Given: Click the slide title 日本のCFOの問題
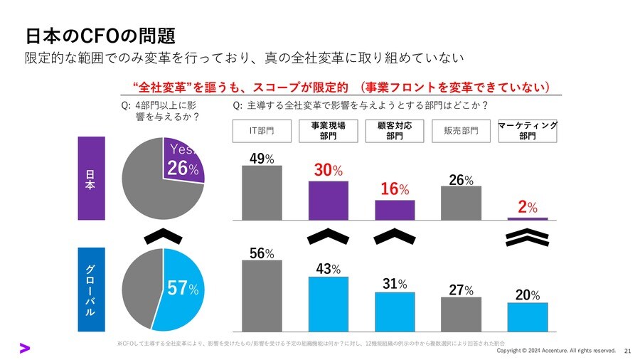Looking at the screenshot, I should (100, 36).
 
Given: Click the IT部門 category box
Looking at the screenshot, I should (262, 131).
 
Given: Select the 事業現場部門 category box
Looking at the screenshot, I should (329, 131).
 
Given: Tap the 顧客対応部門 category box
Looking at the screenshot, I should (395, 131).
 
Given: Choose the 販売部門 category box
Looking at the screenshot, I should (461, 131).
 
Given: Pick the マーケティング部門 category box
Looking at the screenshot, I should (528, 131).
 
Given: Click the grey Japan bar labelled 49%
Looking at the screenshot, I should (262, 192).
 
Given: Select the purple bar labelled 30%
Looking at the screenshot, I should (328, 201).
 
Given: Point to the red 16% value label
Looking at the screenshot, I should (394, 190).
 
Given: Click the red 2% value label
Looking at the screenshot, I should (528, 207).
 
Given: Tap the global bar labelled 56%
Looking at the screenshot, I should (262, 295).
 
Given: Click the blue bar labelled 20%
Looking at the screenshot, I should (528, 317).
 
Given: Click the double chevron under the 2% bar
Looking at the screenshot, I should (528, 237).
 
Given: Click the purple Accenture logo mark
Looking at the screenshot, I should (25, 348).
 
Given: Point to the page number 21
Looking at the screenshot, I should (627, 351).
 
